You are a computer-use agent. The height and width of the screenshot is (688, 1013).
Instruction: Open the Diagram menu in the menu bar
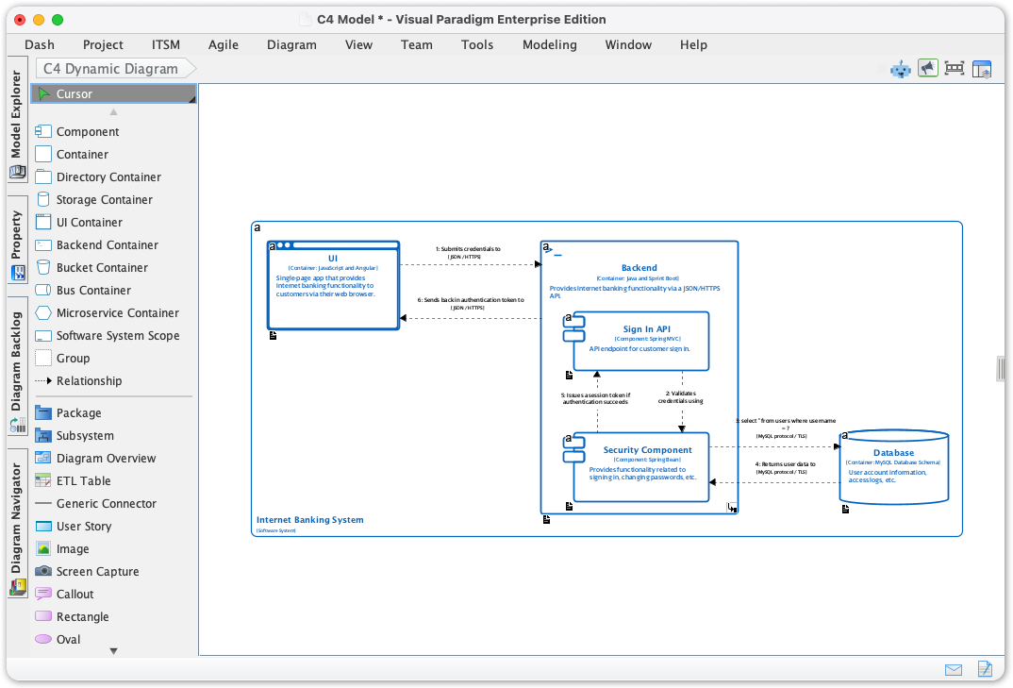(x=291, y=44)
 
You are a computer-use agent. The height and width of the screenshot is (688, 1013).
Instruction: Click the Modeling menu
(x=549, y=44)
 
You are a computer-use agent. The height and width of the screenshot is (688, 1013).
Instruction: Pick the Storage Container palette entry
(x=104, y=199)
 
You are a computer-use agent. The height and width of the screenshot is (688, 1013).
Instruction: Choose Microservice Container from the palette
(x=117, y=312)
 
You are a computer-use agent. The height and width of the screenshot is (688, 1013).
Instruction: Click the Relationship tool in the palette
(x=89, y=380)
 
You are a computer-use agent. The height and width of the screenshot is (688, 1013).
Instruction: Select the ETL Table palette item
(x=83, y=480)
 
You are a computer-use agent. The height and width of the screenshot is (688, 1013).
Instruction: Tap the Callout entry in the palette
(x=75, y=594)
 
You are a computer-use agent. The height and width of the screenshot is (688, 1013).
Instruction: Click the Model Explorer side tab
(x=16, y=114)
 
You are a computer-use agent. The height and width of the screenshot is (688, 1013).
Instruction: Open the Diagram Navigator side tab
(x=16, y=518)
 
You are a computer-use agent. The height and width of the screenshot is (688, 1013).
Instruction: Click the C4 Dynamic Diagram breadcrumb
(x=110, y=68)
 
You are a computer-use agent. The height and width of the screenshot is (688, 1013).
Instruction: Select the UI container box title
(x=333, y=259)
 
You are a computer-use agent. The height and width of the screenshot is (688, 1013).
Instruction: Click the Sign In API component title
(x=646, y=329)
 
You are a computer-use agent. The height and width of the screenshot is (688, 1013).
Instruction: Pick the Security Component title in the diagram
(x=647, y=450)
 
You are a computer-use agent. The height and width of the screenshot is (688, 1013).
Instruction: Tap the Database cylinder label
(x=893, y=453)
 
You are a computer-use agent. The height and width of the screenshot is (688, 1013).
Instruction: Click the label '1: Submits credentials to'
(x=468, y=249)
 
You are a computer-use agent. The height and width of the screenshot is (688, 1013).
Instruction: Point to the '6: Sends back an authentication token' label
(x=471, y=300)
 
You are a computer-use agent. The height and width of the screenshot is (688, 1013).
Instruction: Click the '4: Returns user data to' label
(x=785, y=464)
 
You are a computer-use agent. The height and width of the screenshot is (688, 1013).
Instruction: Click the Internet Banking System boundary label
(x=309, y=520)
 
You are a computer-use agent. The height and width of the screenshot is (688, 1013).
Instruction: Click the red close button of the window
(x=20, y=19)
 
